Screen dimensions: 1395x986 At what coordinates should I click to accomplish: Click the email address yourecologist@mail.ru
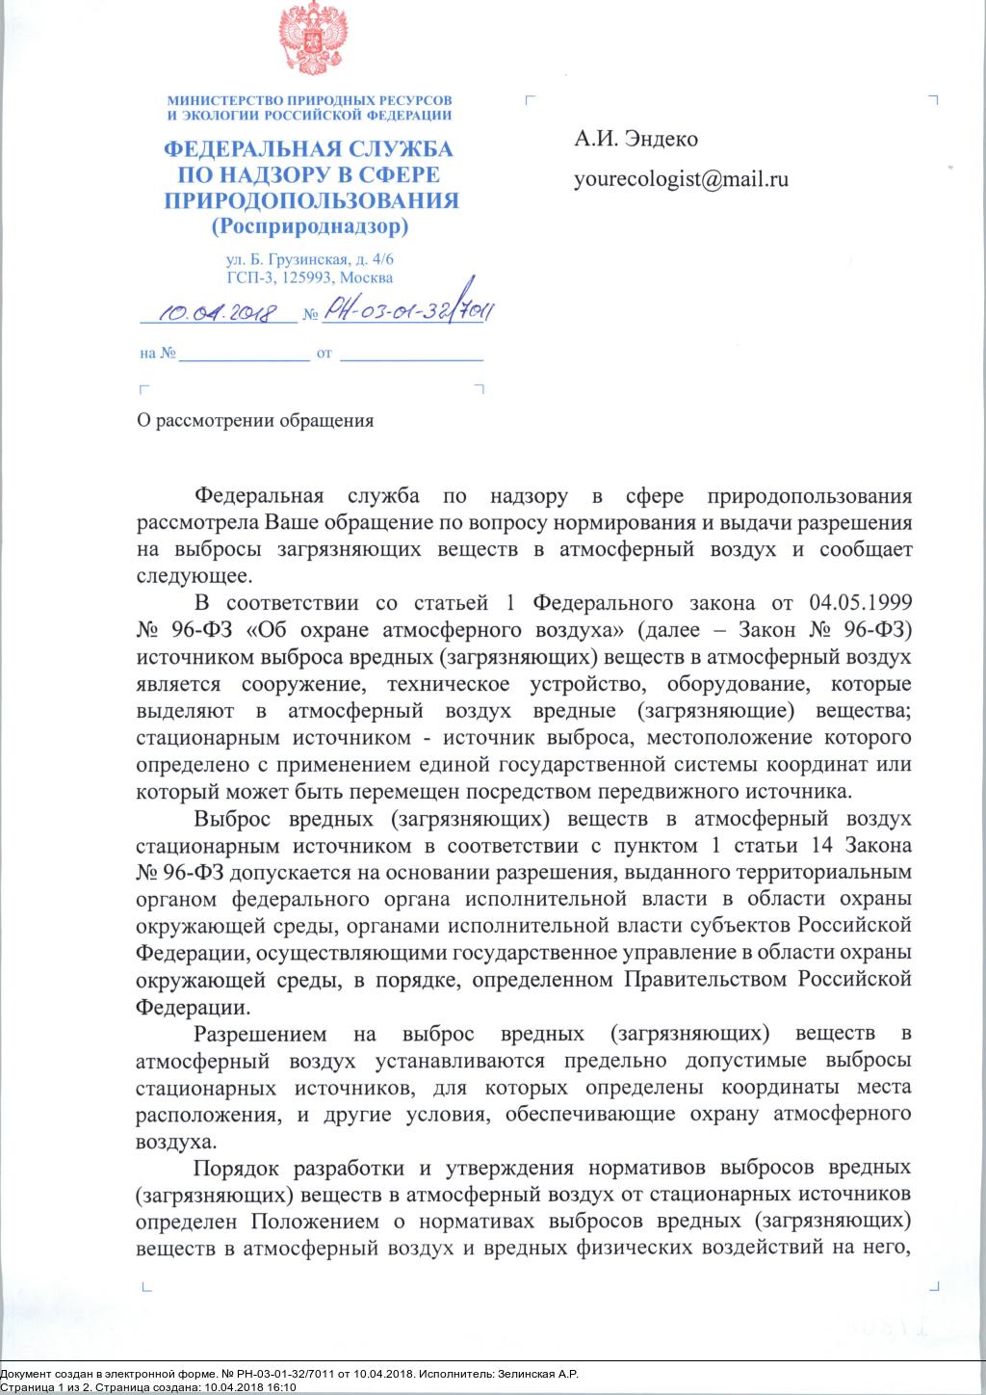pyautogui.click(x=681, y=179)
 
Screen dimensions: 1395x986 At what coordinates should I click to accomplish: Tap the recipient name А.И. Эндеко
pyautogui.click(x=636, y=139)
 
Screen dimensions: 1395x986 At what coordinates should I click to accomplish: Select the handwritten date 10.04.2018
pyautogui.click(x=218, y=312)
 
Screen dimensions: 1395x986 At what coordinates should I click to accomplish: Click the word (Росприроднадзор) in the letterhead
pyautogui.click(x=309, y=227)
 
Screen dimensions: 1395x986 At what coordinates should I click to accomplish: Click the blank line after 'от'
pyautogui.click(x=412, y=355)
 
